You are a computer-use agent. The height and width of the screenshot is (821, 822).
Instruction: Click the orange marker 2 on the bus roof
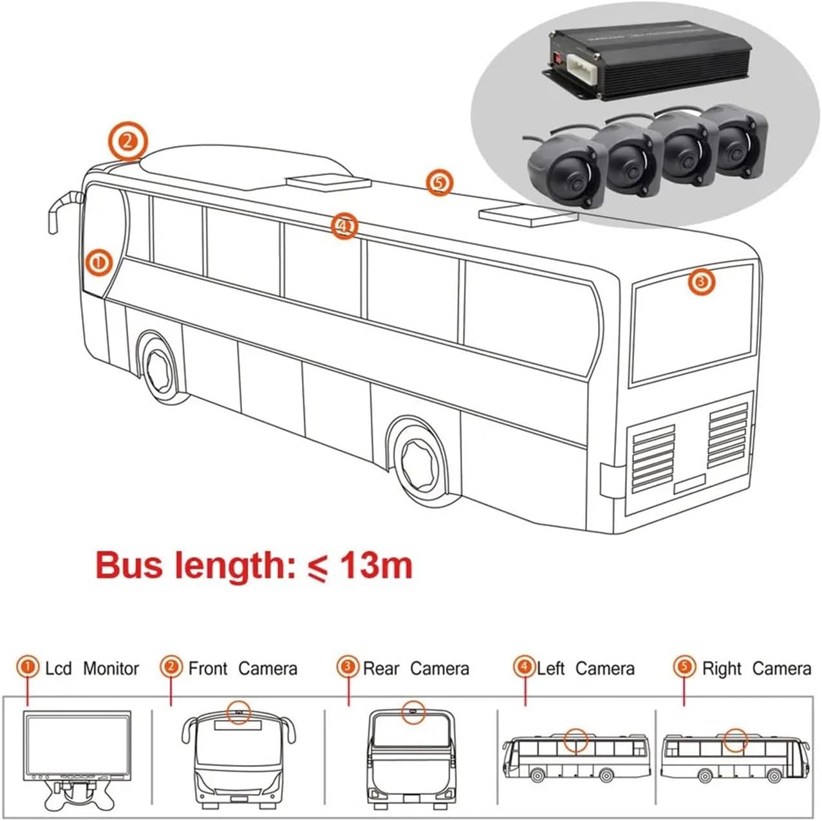[x=127, y=141]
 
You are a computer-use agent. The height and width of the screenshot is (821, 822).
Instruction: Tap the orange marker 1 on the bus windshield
[x=99, y=263]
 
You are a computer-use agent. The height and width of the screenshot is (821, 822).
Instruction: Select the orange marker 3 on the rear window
[x=702, y=281]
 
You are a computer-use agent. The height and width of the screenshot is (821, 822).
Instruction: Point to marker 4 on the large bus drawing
[x=344, y=226]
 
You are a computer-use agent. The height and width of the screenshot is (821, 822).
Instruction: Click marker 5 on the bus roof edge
[x=439, y=182]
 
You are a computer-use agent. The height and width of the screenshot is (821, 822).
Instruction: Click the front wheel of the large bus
[x=158, y=369]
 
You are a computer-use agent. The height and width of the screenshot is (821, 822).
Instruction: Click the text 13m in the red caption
[x=376, y=566]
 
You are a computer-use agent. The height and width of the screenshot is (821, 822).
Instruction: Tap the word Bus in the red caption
[x=126, y=566]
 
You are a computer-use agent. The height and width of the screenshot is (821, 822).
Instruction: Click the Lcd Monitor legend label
[x=91, y=669]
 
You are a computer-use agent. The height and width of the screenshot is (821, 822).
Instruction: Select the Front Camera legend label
[x=243, y=669]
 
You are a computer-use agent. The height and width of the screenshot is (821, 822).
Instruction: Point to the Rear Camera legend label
[x=416, y=669]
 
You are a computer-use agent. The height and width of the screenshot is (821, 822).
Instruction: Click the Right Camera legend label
[x=756, y=669]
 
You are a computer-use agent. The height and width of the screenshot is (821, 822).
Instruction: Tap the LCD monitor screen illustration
[x=77, y=744]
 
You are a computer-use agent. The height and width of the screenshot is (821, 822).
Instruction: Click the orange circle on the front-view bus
[x=239, y=712]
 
